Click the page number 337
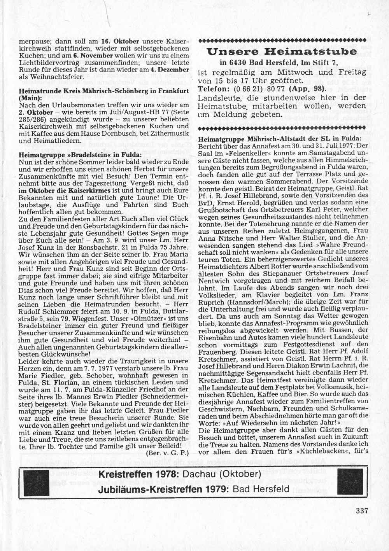point(362,511)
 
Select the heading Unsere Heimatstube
point(282,51)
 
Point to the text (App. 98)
point(306,89)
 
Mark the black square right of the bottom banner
point(349,482)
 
